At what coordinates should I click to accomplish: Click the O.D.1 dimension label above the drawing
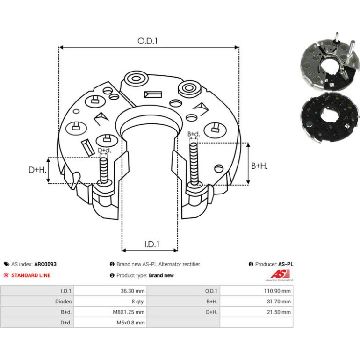[x=147, y=41]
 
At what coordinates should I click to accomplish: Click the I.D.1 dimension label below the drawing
[x=152, y=244]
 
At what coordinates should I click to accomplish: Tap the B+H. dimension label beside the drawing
[x=259, y=166]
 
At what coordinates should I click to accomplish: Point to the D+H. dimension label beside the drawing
[x=37, y=170]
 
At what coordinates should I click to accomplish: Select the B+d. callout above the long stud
[x=194, y=134]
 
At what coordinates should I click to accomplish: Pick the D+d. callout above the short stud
[x=104, y=151]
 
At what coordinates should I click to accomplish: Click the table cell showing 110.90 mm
[x=277, y=291]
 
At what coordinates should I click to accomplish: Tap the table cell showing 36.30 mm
[x=133, y=291]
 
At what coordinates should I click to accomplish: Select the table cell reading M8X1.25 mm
[x=129, y=312]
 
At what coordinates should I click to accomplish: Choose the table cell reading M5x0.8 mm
[x=130, y=323]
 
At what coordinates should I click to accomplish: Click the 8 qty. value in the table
[x=138, y=302]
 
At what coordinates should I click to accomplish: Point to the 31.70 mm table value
[x=279, y=302]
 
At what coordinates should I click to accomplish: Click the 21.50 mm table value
[x=279, y=312]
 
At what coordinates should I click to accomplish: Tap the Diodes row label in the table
[x=64, y=302]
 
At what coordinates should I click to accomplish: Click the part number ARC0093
[x=45, y=264]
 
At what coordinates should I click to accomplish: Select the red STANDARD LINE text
[x=31, y=275]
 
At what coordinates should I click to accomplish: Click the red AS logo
[x=280, y=274]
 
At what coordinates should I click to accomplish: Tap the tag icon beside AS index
[x=7, y=264]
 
